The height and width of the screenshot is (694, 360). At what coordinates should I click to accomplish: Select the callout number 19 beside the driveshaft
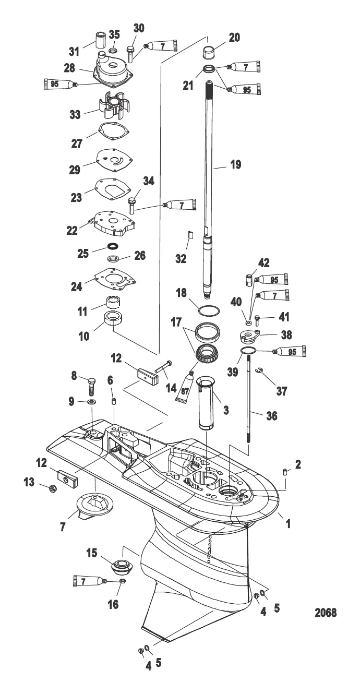coord(236,164)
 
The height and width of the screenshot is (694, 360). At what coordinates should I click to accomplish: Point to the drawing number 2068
coord(326,613)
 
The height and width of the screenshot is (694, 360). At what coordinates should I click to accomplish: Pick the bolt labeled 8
coord(91,386)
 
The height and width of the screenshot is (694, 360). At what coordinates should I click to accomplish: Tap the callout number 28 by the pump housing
coord(69,68)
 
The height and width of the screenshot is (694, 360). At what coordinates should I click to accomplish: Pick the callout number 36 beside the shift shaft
coord(272,416)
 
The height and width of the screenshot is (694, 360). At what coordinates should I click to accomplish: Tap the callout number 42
coord(263,263)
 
